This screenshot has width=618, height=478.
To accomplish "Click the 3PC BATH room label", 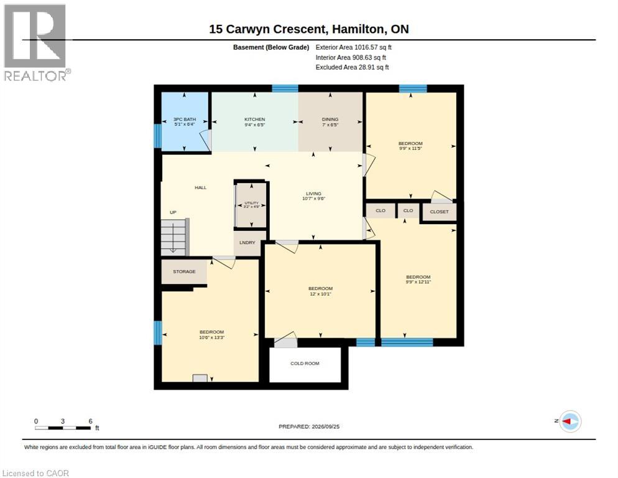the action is coord(185,119).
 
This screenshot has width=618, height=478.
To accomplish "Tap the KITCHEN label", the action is coord(255,119).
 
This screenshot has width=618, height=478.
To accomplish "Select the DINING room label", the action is coord(330,119).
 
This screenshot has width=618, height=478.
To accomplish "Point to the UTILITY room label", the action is coord(251,203).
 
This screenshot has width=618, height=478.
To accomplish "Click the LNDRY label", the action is coord(247,242).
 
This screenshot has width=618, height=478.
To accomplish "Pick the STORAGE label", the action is coord(184,271).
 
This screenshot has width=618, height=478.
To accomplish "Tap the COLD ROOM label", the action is coord(305,363).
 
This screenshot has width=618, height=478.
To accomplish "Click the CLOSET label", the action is coord(439,212).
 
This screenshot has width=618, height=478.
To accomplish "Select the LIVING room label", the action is coord(313,194).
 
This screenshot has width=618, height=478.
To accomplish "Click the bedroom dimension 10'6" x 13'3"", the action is coord(211,337).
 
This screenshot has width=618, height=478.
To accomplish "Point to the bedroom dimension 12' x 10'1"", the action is coord(320,294).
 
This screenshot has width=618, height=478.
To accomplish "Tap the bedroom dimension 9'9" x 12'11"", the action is coord(418,282).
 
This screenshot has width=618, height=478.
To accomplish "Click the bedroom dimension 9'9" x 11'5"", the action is coord(410,148).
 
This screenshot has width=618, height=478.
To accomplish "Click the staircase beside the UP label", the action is coord(175,237).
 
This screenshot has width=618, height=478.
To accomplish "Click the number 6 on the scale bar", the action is coord(90,421).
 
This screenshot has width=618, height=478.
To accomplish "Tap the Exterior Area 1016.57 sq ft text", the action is coord(354,47).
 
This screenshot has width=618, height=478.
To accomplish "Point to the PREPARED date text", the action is coord(309,426).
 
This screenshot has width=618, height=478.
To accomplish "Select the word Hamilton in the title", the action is coord(359,29).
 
